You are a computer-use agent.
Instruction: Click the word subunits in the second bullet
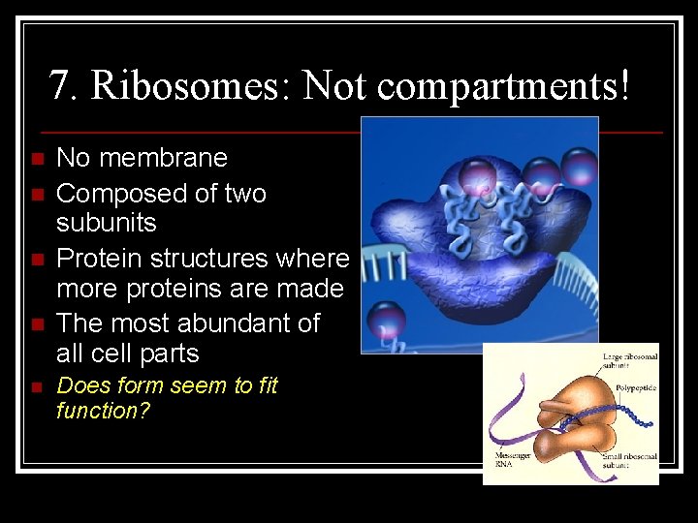[x=106, y=223]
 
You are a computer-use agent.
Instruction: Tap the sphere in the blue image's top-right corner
[x=581, y=165]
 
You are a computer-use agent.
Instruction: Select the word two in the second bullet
[x=244, y=194]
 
